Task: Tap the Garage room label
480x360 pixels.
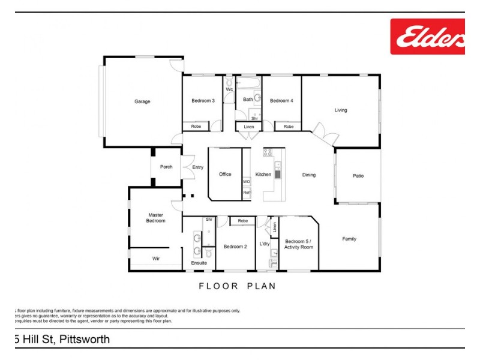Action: (142, 101)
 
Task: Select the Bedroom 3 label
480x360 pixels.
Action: (203, 101)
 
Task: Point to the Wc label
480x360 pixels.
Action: (229, 90)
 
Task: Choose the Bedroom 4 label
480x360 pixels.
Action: (281, 101)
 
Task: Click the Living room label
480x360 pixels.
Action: (341, 110)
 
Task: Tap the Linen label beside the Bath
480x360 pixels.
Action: (248, 127)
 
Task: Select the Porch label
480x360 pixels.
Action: (166, 167)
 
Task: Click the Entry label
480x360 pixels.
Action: (197, 167)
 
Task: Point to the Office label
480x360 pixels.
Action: (225, 175)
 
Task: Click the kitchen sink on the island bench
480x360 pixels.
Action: (278, 175)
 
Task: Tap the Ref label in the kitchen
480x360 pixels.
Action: (246, 193)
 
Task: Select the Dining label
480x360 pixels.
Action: (308, 175)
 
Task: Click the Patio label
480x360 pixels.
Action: (358, 176)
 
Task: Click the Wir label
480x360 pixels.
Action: (156, 259)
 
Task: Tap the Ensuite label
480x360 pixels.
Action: (199, 263)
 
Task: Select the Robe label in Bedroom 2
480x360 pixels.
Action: (242, 221)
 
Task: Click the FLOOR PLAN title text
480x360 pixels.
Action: (238, 286)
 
